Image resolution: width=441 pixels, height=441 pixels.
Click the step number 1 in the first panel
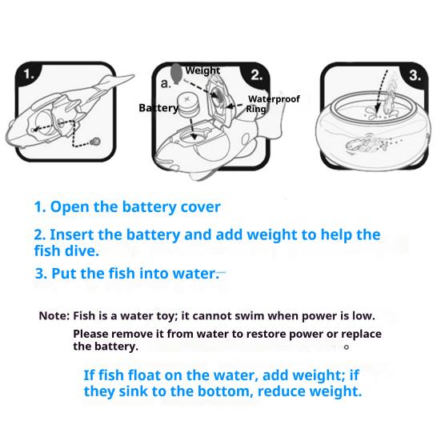[x=28, y=74]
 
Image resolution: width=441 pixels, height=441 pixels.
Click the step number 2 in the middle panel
[x=256, y=75]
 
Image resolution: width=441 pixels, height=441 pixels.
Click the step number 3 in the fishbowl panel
[x=415, y=75]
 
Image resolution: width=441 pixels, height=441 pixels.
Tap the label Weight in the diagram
[x=202, y=70]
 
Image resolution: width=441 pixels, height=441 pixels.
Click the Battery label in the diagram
[x=158, y=108]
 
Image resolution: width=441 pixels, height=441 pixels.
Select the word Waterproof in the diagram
[x=274, y=99]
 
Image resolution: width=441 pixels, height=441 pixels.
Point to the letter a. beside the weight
[x=166, y=83]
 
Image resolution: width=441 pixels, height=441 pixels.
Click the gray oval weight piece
[x=176, y=73]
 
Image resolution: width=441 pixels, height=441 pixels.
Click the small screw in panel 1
[x=96, y=141]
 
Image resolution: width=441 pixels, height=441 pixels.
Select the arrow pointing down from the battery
[x=193, y=129]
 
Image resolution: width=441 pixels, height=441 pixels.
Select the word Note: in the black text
[x=54, y=316]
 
